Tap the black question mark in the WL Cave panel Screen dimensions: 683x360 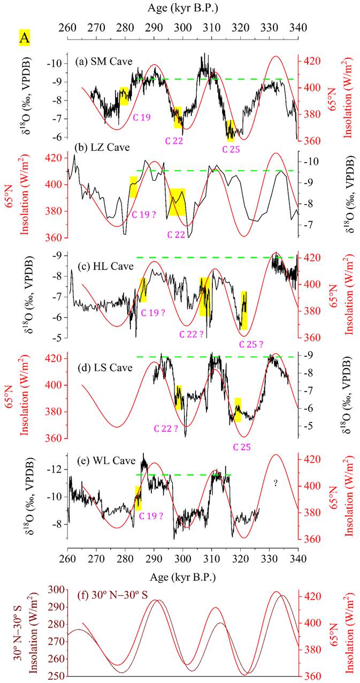pyautogui.click(x=275, y=483)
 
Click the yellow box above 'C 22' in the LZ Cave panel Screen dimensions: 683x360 pyautogui.click(x=177, y=202)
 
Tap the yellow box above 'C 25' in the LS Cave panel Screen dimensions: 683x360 pyautogui.click(x=238, y=410)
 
